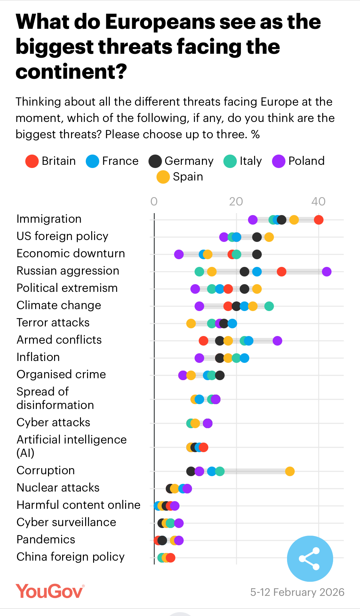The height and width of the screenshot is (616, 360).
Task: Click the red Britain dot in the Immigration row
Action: tap(318, 220)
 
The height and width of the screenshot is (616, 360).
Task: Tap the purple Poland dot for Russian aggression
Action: tap(326, 272)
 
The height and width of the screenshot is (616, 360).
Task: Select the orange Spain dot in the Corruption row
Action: tap(290, 471)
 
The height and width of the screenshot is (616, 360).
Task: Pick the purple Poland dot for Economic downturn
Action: tap(179, 254)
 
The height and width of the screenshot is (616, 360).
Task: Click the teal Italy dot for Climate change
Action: tap(269, 306)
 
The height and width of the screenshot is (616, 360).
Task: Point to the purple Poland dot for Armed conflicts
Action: tap(277, 341)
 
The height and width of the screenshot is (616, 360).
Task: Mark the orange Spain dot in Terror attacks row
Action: tap(191, 324)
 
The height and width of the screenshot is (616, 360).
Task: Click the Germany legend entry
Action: tap(181, 161)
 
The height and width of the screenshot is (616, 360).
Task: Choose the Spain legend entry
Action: tap(180, 177)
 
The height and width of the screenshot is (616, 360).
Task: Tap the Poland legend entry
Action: tap(298, 161)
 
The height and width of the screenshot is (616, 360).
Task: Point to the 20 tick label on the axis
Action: tap(236, 202)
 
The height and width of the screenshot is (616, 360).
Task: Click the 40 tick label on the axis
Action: tap(318, 202)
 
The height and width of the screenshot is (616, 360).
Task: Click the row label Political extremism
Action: tap(67, 288)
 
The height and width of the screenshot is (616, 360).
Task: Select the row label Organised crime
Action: tap(61, 374)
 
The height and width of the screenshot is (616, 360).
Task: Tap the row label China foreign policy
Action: tap(70, 557)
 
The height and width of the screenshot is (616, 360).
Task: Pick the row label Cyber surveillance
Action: tap(66, 522)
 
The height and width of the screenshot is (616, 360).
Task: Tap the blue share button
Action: tap(310, 559)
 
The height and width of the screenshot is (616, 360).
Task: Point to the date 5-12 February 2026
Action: tap(297, 592)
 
